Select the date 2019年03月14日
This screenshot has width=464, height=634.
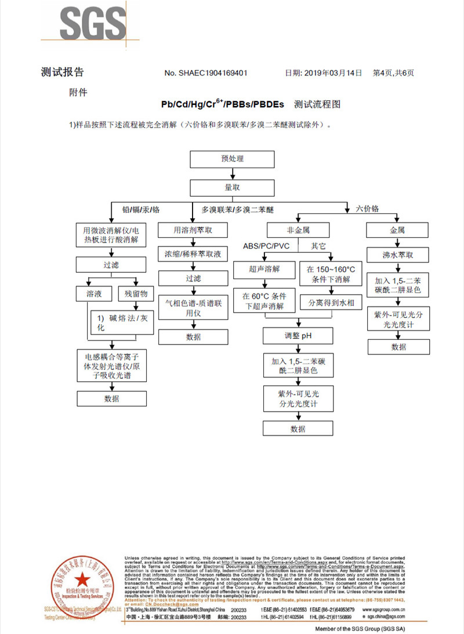[331, 73]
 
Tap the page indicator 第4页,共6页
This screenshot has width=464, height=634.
[393, 73]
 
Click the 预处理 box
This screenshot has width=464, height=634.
[232, 159]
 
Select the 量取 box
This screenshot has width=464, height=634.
[232, 187]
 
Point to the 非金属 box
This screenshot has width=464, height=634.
[298, 230]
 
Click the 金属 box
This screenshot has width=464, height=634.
[397, 230]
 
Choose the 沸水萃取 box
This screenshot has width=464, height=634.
[397, 255]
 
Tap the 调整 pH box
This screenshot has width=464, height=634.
[298, 336]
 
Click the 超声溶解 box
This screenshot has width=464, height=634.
[264, 270]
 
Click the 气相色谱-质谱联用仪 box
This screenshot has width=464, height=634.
[193, 307]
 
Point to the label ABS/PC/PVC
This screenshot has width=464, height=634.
[266, 246]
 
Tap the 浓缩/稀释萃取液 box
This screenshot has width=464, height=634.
[193, 254]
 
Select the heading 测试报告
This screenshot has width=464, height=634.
[62, 72]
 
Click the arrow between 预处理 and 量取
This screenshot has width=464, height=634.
[232, 173]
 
